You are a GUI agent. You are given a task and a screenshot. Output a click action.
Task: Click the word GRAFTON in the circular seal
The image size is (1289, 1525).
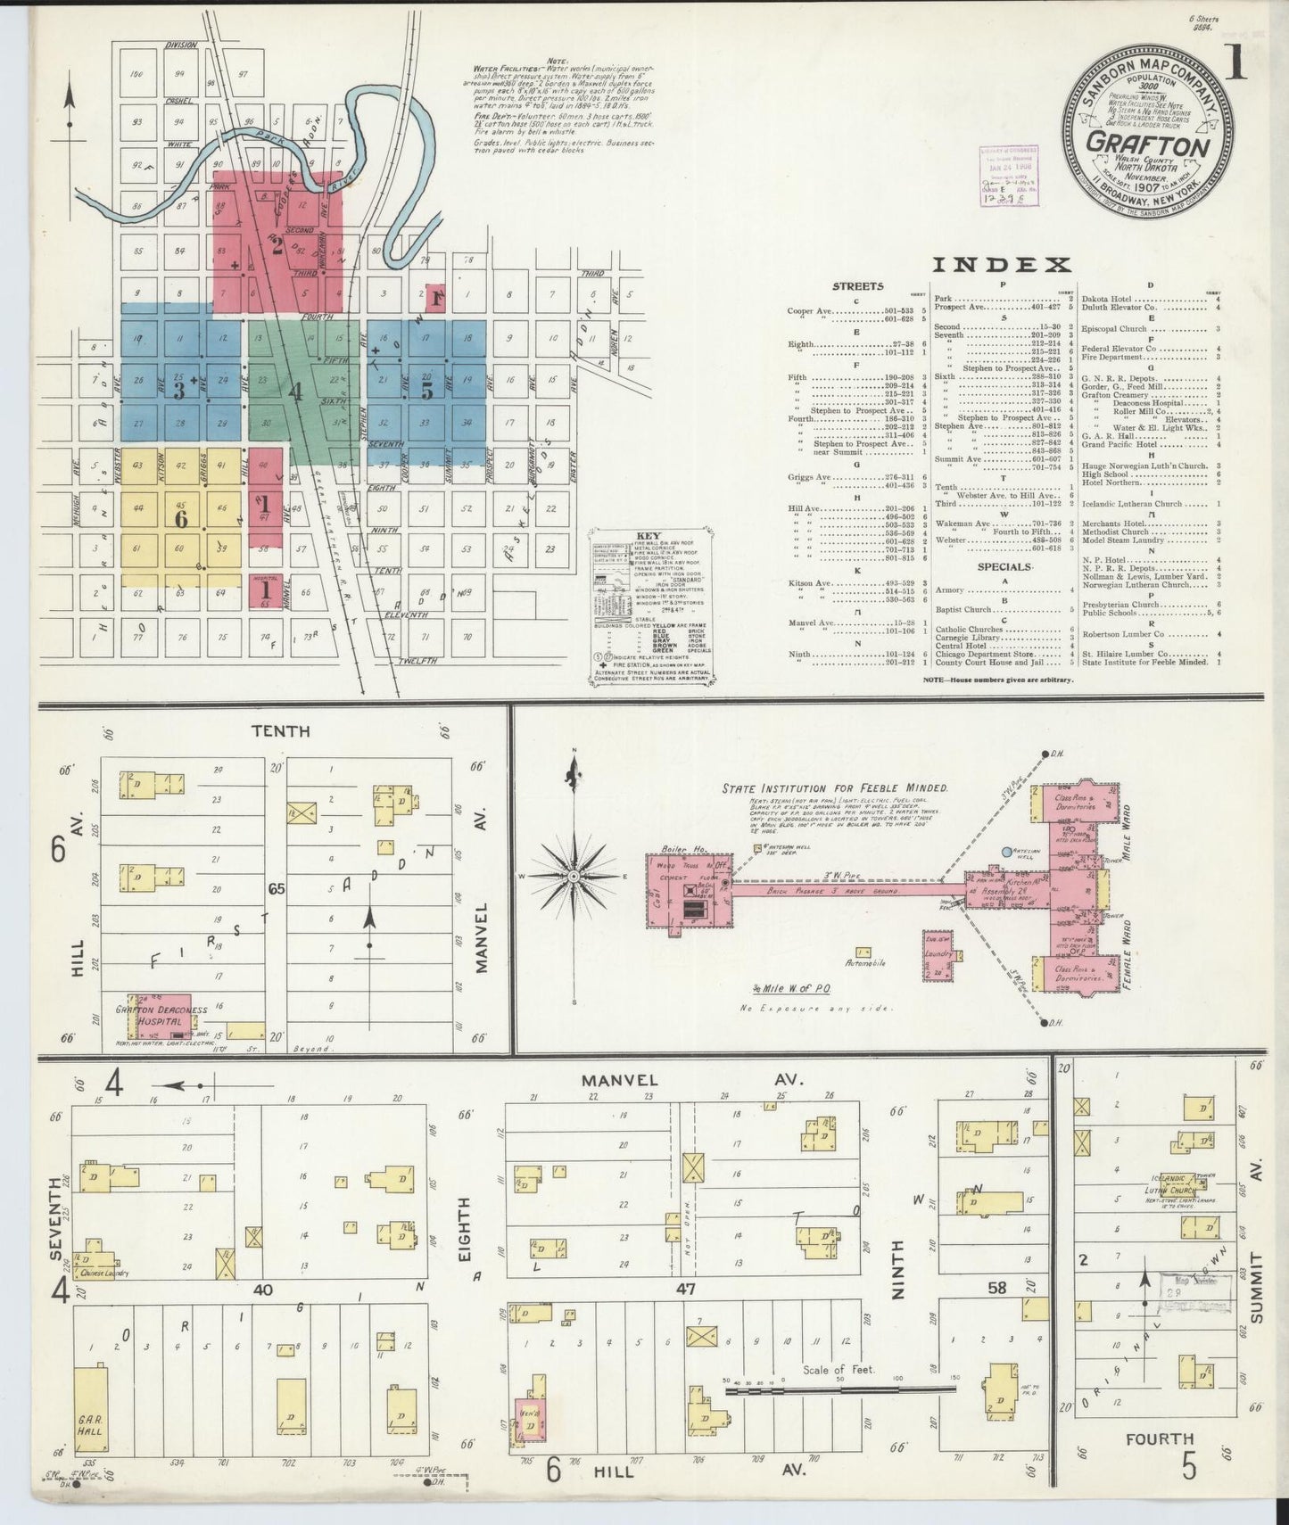click(x=1147, y=144)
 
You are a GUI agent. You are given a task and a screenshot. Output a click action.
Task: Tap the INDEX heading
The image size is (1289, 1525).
click(x=1002, y=264)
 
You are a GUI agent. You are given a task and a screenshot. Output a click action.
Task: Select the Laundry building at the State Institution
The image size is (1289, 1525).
click(x=939, y=953)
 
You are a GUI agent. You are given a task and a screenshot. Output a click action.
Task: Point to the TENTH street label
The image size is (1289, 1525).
click(x=280, y=731)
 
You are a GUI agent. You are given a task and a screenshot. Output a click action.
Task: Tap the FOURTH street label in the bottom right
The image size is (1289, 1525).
click(x=1159, y=1463)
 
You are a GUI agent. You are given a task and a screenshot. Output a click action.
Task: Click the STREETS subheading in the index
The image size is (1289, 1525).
click(x=857, y=286)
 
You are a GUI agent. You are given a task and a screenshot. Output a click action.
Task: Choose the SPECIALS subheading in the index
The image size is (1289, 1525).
click(x=1004, y=566)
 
